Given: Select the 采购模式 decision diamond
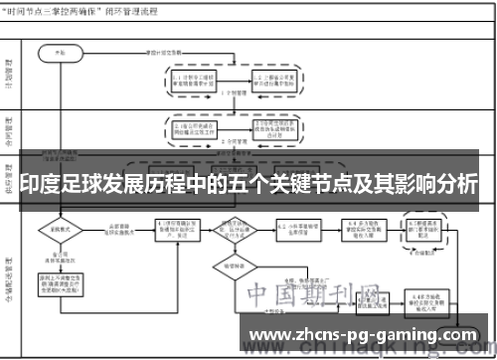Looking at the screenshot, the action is [x=61, y=229].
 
